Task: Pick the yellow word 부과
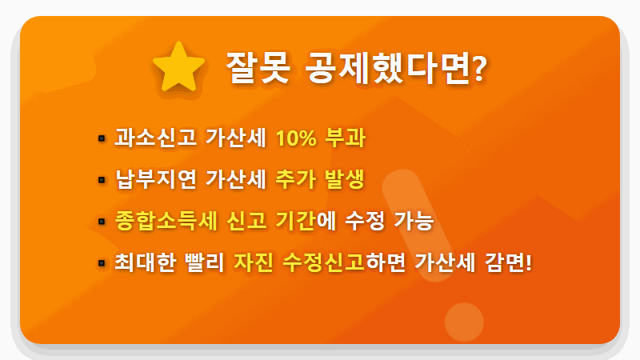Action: click(x=346, y=138)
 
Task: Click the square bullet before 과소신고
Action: click(x=102, y=138)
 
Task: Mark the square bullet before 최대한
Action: click(x=102, y=262)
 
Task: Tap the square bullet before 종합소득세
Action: click(x=102, y=221)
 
